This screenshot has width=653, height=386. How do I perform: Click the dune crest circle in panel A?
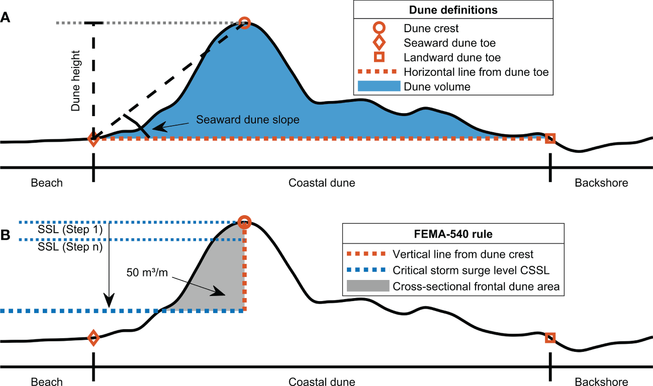pos(244,22)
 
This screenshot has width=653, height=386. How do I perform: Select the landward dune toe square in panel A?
pos(550,138)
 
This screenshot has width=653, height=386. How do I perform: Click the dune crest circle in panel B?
pos(244,222)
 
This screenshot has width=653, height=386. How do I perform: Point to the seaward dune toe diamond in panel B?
pos(93,338)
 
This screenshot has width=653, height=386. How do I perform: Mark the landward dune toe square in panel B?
pos(550,338)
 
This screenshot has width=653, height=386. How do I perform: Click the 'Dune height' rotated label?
pos(75,80)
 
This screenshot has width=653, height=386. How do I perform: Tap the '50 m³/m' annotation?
pos(147,274)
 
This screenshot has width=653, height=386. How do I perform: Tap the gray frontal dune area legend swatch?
pos(368,286)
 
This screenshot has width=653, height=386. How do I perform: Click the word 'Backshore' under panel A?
pos(601,183)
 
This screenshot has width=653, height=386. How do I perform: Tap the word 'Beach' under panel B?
pos(47,381)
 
